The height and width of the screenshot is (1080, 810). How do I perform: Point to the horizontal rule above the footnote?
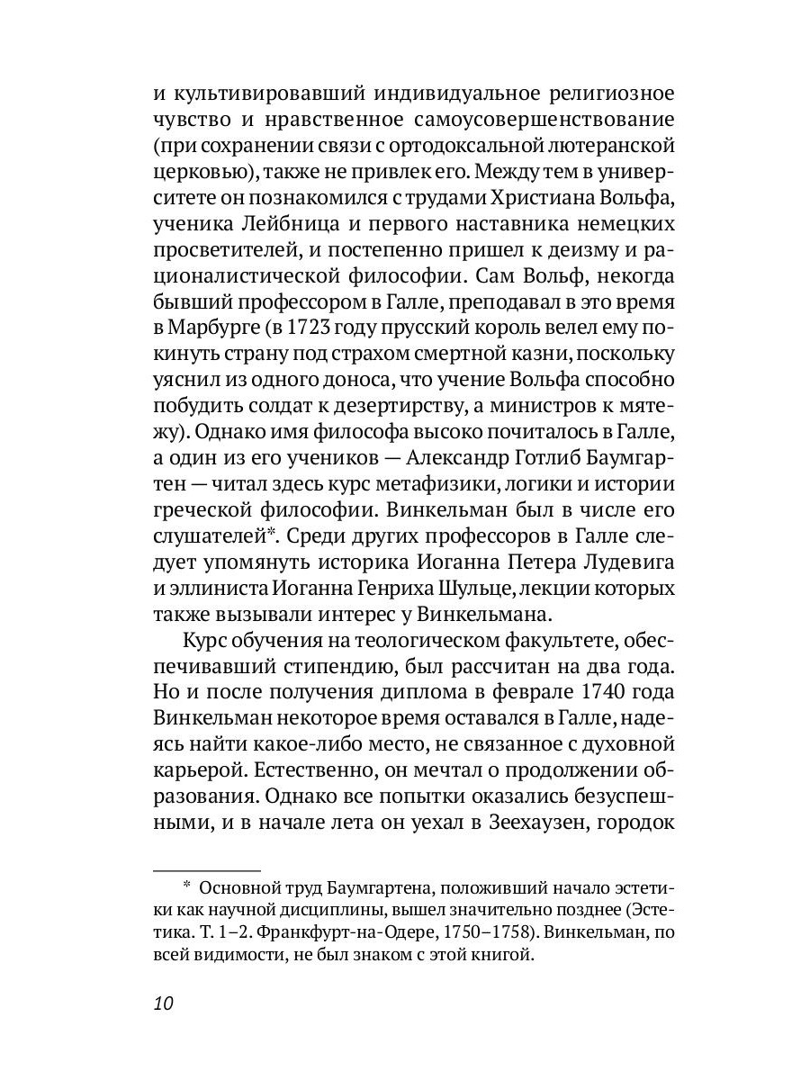[x=206, y=870]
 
